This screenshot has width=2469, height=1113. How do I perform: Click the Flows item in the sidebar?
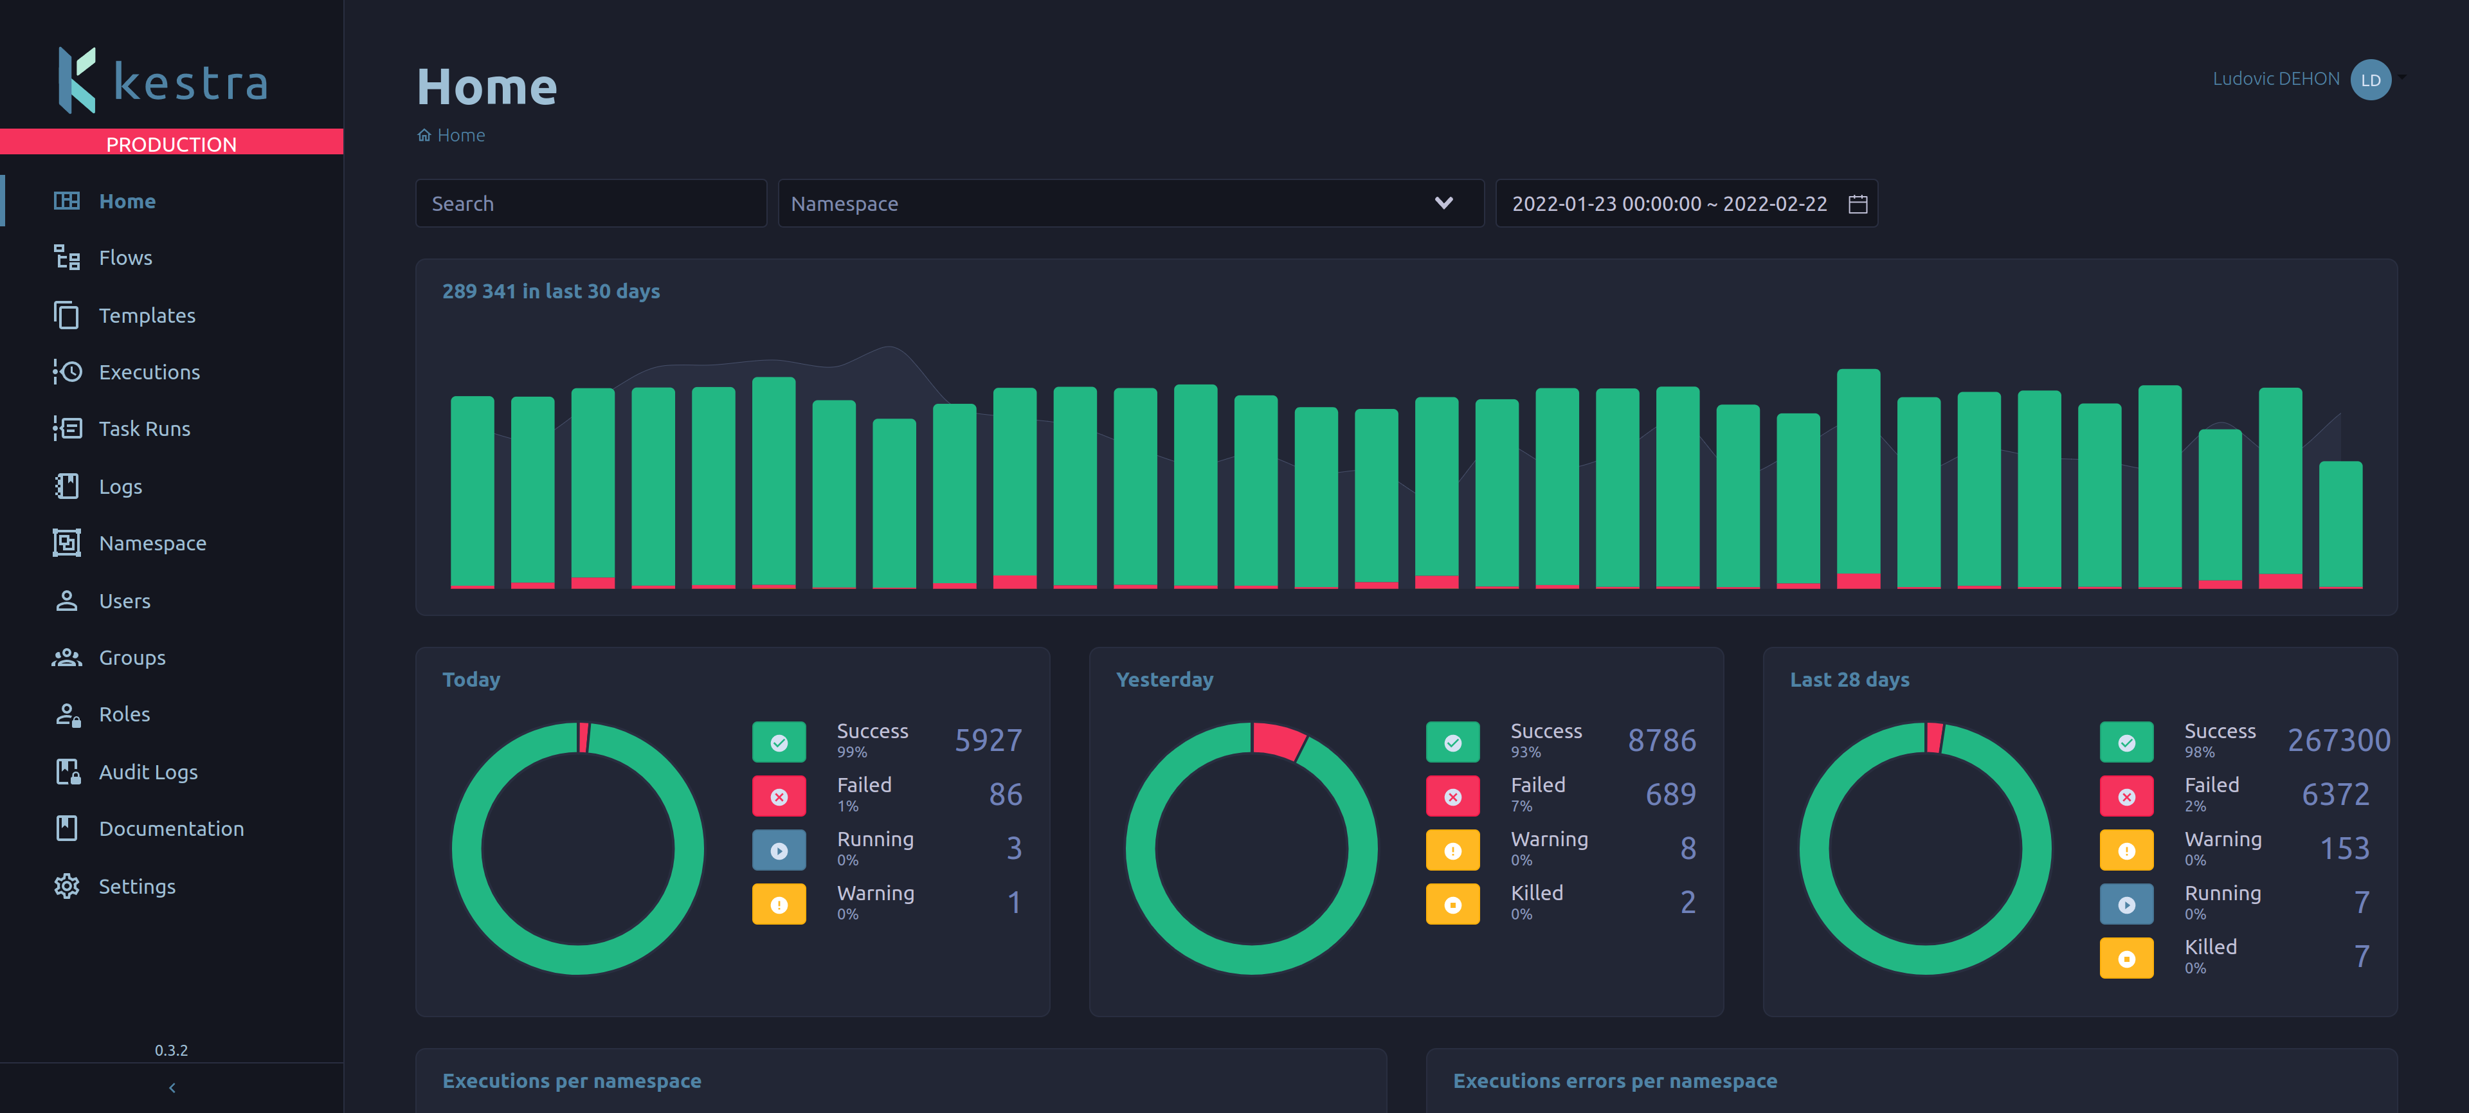pos(125,258)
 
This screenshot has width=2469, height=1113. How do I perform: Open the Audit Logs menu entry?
pos(148,772)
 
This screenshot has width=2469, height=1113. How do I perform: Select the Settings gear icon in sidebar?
pos(66,886)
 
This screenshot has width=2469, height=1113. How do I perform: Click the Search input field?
pos(590,203)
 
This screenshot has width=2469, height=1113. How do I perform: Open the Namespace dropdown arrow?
pos(1443,203)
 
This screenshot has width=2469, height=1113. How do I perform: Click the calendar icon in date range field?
pos(1858,204)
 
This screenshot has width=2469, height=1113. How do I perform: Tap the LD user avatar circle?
pos(2370,80)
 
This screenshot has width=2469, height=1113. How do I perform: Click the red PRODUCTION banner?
pos(172,143)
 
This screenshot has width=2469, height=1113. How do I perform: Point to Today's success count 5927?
pos(988,740)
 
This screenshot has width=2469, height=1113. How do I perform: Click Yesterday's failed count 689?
pos(1670,794)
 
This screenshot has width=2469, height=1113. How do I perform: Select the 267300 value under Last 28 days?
pos(2338,740)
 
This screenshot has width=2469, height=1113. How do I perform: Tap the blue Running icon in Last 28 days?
pos(2126,904)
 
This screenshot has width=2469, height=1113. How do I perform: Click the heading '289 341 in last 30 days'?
pos(550,291)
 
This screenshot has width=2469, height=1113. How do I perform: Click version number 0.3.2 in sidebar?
pos(172,1050)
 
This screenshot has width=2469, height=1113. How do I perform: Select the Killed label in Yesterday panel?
pos(1537,892)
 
